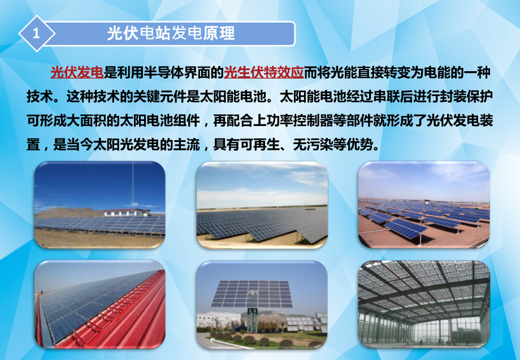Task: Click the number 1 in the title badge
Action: click(x=37, y=34)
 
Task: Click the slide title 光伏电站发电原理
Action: click(x=171, y=33)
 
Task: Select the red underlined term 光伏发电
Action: click(x=76, y=72)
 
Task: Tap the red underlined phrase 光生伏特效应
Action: click(x=264, y=72)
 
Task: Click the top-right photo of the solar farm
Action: click(x=424, y=205)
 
